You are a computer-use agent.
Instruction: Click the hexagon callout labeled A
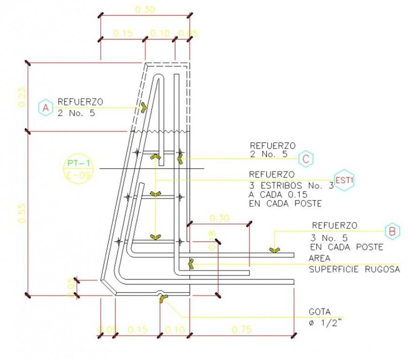(45, 108)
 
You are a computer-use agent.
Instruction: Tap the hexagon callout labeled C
(306, 159)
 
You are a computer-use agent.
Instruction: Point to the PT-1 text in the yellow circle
(78, 163)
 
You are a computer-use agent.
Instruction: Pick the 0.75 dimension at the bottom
(242, 330)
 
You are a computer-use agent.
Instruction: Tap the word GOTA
(319, 312)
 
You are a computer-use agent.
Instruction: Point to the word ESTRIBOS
(287, 185)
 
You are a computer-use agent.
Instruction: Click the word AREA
(319, 259)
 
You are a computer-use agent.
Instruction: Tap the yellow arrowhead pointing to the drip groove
(162, 298)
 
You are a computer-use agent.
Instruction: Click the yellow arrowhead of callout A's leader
(143, 107)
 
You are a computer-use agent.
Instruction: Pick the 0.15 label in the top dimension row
(123, 33)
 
